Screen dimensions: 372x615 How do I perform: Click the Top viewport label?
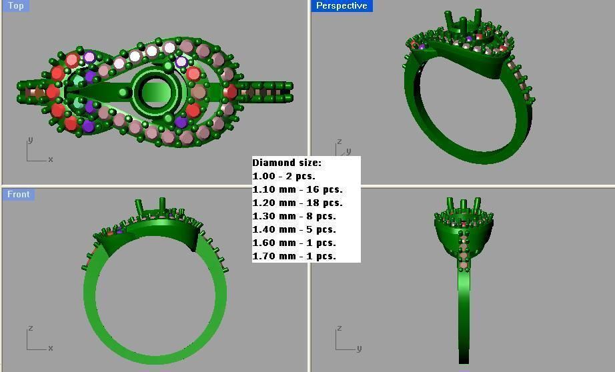point(15,6)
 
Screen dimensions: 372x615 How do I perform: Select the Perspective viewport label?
point(342,6)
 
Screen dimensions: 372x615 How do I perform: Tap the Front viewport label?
point(18,195)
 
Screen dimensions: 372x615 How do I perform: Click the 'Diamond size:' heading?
point(287,163)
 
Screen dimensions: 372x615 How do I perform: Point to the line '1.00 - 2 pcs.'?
point(283,176)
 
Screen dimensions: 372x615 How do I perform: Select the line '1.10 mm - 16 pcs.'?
point(297,189)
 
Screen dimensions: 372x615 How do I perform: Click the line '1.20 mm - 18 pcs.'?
point(297,203)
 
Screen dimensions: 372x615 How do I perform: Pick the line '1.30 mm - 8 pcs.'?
point(294,216)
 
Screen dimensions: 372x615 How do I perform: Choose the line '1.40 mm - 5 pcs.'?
point(294,229)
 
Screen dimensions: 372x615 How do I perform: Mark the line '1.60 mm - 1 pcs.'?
point(294,243)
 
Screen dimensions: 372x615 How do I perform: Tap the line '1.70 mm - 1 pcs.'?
point(294,256)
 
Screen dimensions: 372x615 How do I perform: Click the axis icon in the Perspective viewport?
point(342,151)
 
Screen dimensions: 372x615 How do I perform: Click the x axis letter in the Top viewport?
point(50,159)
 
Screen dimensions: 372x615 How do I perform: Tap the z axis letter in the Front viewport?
point(30,329)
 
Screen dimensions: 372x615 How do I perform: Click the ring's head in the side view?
point(464,227)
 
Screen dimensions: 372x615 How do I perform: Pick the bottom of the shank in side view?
point(464,357)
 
